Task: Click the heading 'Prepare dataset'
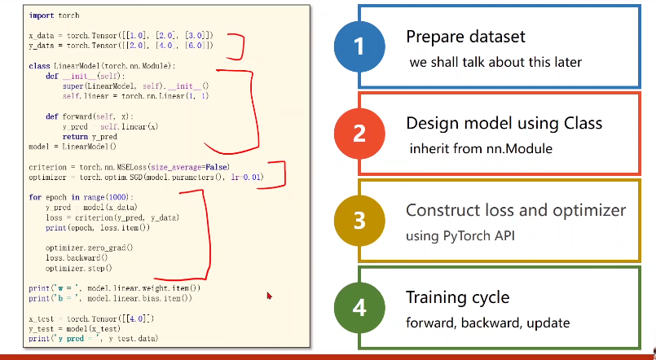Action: [x=466, y=37]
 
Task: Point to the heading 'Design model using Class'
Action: [x=504, y=123]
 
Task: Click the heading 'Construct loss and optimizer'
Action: [x=516, y=210]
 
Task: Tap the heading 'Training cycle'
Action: [x=458, y=296]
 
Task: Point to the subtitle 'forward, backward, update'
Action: [x=486, y=322]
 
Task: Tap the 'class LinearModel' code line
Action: [x=102, y=65]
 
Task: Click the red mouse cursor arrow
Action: [x=269, y=296]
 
